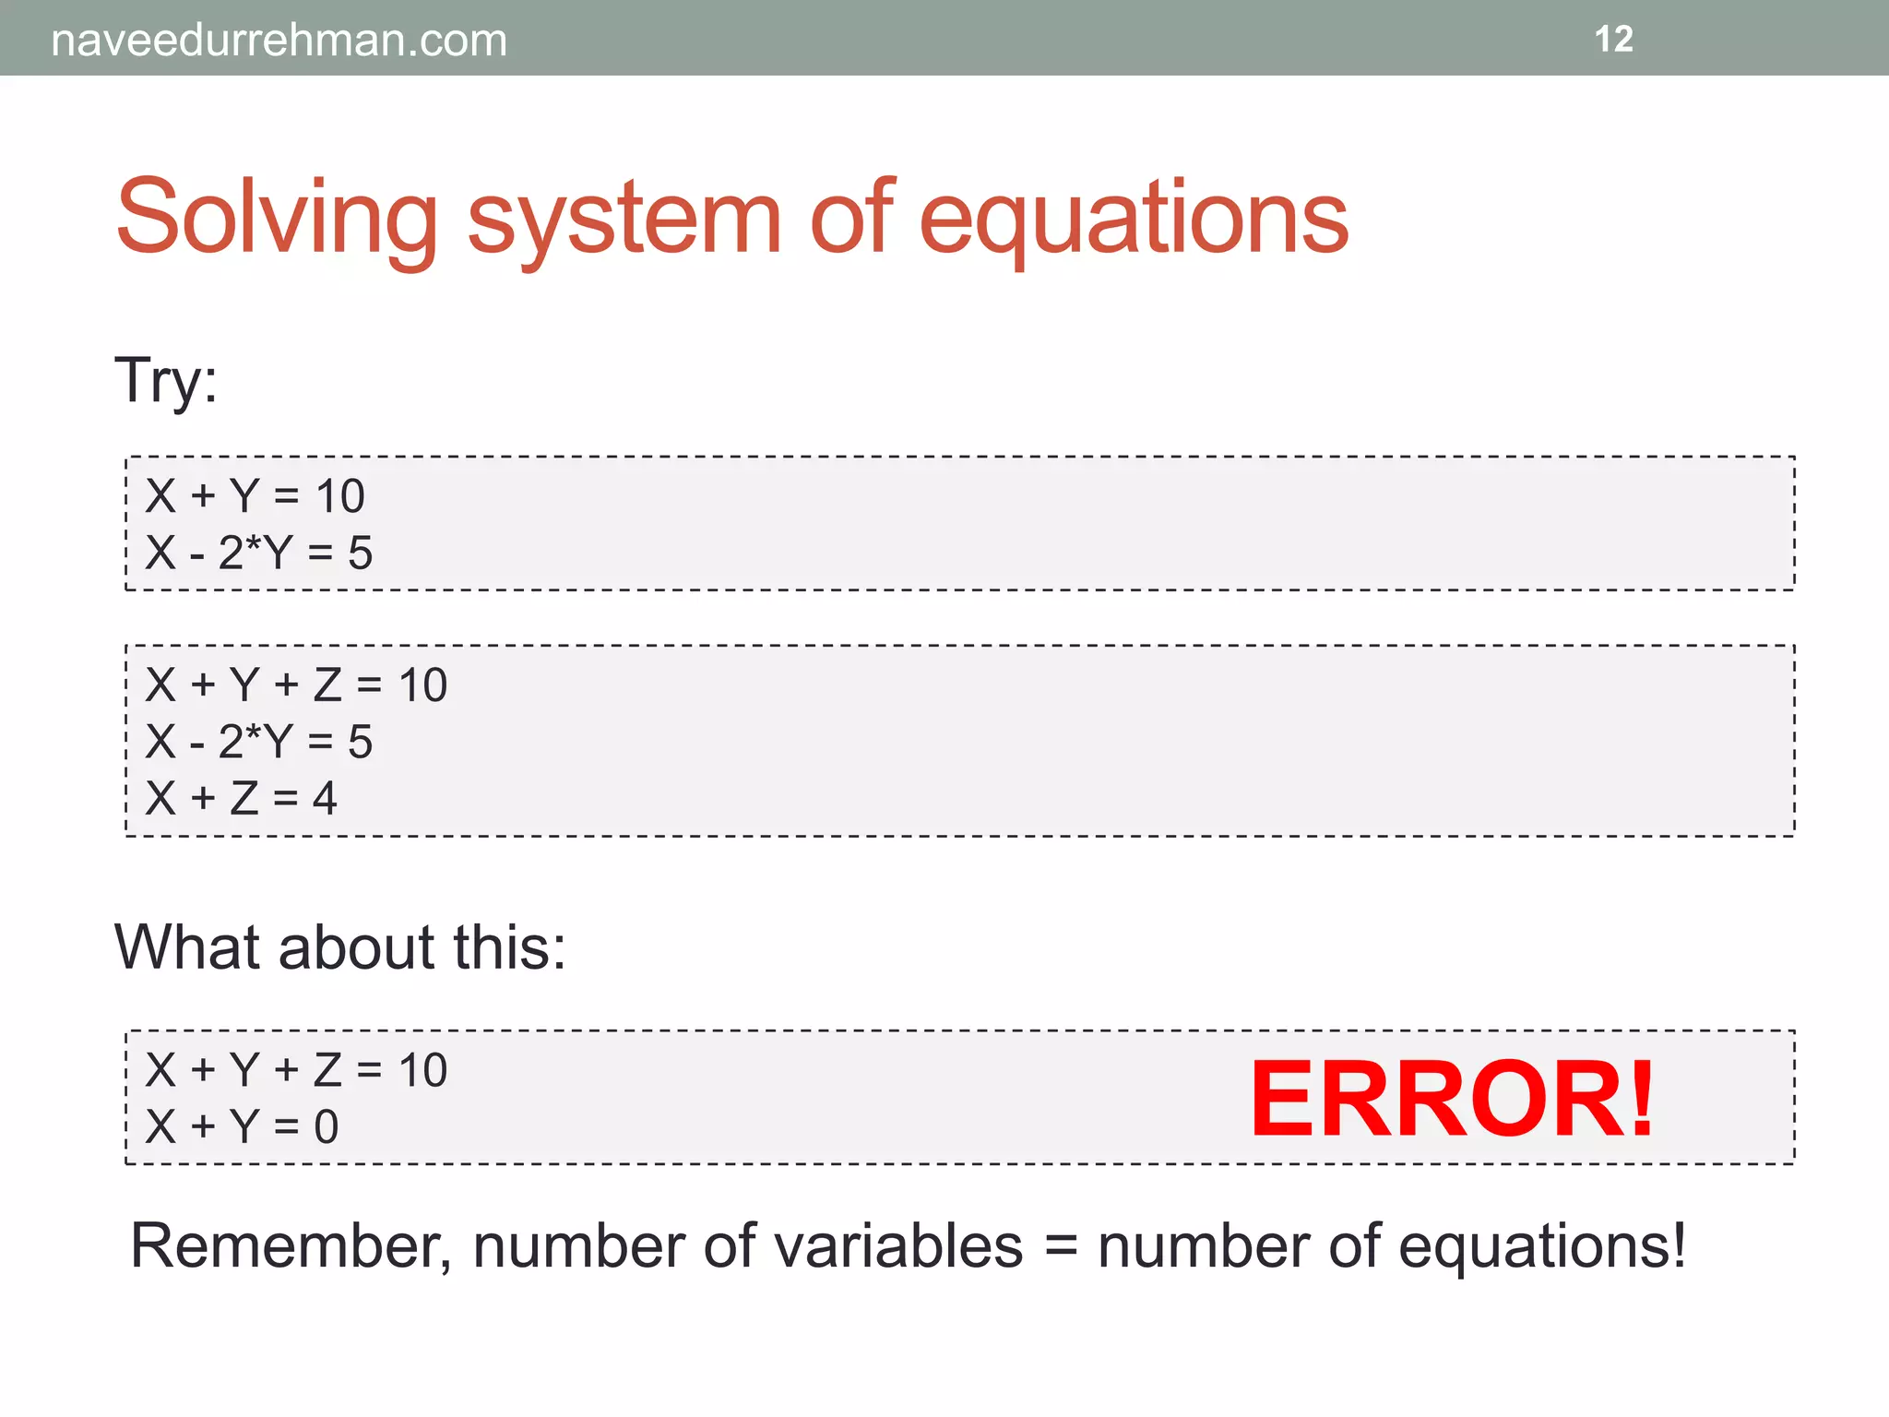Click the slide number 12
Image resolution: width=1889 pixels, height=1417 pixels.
1613,40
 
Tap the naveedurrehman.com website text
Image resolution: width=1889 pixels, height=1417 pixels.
279,41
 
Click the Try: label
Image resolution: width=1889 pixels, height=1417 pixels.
166,380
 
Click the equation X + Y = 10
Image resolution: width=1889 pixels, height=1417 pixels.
255,496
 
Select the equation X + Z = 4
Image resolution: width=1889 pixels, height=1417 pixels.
241,798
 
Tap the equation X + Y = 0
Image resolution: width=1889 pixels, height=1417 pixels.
242,1126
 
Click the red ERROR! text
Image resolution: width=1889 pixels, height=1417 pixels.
1452,1099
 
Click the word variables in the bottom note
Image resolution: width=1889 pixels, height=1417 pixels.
897,1246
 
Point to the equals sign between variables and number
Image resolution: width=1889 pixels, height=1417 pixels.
1061,1246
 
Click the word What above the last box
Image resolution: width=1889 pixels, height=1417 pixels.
189,947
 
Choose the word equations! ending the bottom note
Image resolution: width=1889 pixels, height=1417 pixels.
1541,1246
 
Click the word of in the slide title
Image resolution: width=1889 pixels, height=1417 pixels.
850,218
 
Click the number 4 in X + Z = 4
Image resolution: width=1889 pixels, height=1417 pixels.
325,798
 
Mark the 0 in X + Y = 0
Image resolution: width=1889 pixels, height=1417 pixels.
327,1126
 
